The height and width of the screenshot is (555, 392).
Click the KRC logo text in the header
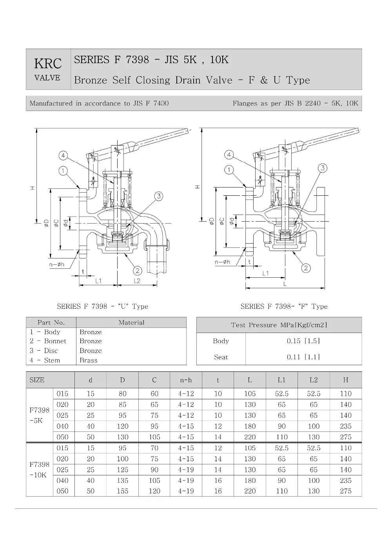(48, 64)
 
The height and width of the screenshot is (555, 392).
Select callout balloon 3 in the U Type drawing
(159, 196)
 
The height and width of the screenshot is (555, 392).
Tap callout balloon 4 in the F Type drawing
(229, 155)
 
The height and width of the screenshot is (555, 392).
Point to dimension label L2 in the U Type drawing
(137, 281)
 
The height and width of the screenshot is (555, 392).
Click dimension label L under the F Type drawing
(285, 284)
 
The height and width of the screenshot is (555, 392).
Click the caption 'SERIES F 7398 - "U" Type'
(102, 306)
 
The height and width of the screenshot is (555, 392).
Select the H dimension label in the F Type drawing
(198, 187)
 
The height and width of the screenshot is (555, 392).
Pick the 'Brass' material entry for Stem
(89, 360)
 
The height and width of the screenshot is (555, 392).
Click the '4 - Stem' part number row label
(45, 360)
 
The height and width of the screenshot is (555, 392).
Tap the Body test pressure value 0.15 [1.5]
(303, 341)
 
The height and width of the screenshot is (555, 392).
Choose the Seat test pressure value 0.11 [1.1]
(303, 357)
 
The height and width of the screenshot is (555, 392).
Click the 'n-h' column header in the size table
(186, 380)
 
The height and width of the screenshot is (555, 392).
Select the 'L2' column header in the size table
(314, 380)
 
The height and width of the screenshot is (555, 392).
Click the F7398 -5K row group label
(39, 415)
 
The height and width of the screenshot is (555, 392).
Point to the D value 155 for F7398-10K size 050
(122, 491)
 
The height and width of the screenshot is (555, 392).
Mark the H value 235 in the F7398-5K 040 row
(345, 426)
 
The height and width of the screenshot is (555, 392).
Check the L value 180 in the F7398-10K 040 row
(250, 480)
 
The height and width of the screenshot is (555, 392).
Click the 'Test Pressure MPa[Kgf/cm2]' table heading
(279, 325)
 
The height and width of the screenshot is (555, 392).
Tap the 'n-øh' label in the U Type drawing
(56, 265)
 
